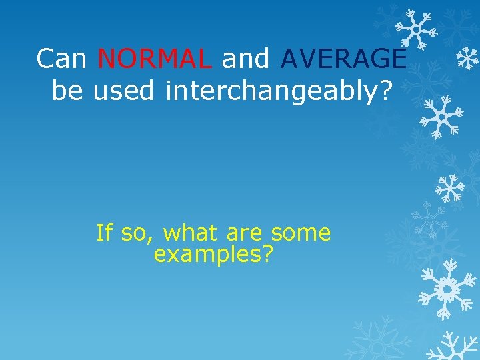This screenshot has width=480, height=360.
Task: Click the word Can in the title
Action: coord(63,59)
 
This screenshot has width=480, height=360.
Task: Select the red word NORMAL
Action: coord(155,59)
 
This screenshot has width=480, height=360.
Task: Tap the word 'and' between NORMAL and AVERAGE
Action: coord(246,59)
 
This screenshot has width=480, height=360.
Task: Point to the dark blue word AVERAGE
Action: coord(343,59)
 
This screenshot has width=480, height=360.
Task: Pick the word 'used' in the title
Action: coord(124,91)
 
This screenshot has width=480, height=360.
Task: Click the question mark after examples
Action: coord(267,254)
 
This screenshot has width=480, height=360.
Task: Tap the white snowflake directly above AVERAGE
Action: coord(415,28)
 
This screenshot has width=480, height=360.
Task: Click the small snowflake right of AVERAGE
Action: coord(467,59)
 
